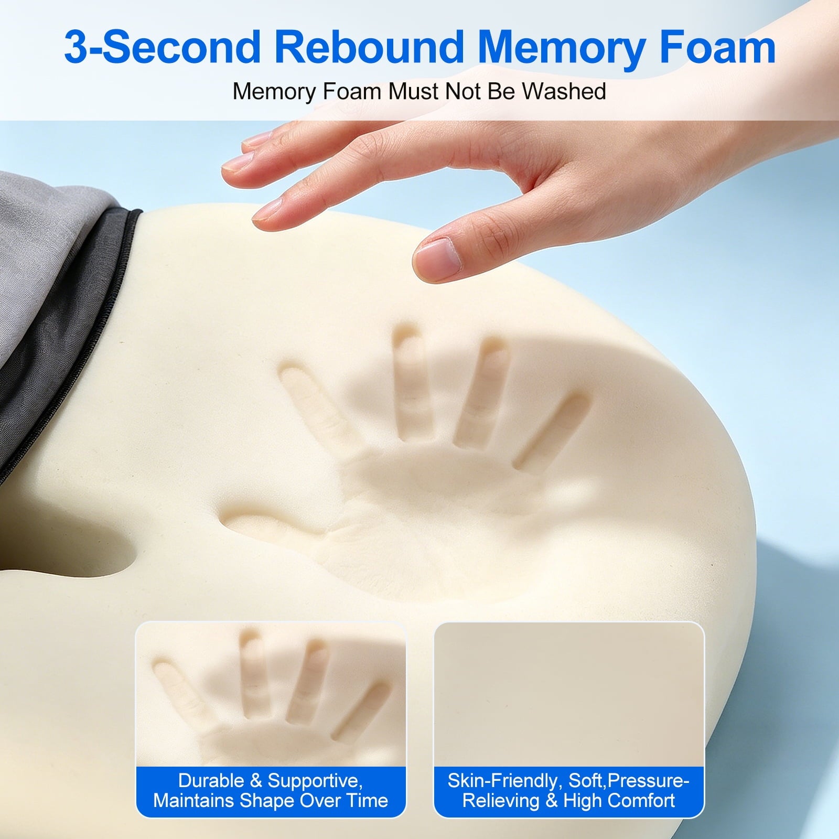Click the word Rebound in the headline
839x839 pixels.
[370, 47]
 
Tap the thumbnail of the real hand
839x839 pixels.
[437, 255]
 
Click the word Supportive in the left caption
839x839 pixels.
[315, 782]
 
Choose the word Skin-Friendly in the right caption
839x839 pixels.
[503, 781]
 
